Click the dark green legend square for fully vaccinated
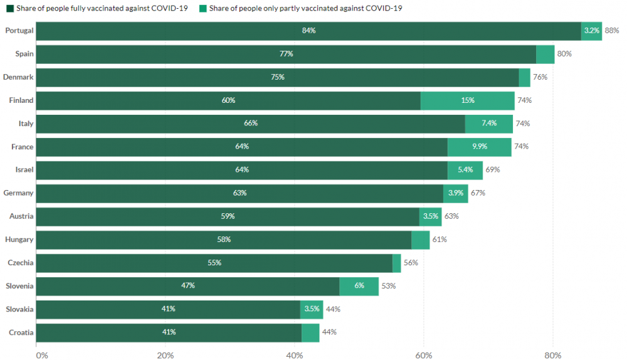click(10, 8)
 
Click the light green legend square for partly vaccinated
click(204, 8)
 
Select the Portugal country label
click(19, 31)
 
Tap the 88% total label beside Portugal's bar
click(612, 31)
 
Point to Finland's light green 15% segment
click(467, 100)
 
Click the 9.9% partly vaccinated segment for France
click(480, 147)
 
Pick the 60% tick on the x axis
click(424, 355)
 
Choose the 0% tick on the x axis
click(41, 355)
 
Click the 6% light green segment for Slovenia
click(359, 286)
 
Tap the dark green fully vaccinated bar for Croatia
click(169, 332)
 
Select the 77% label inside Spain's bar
click(287, 54)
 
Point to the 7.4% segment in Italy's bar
click(489, 124)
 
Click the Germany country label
click(18, 193)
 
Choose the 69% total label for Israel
click(493, 170)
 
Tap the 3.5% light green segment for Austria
click(431, 216)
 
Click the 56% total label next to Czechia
click(411, 263)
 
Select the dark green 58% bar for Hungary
click(224, 240)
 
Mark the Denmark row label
click(18, 77)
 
